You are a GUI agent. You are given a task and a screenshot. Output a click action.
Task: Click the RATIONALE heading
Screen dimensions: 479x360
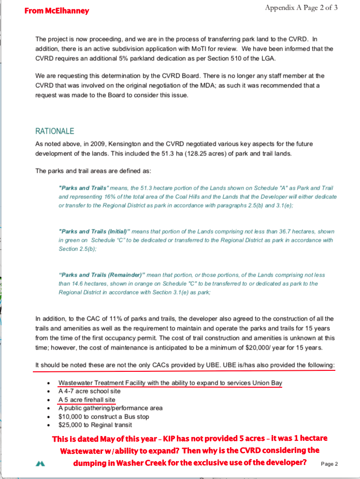(55, 131)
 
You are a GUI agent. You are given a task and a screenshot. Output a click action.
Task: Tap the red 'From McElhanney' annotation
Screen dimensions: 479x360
(57, 11)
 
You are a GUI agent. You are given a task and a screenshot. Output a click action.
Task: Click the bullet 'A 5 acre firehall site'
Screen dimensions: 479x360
(87, 400)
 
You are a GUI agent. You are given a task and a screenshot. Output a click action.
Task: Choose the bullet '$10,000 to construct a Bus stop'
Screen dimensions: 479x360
(103, 416)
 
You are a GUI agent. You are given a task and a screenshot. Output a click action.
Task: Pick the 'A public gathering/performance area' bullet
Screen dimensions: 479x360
(110, 408)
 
